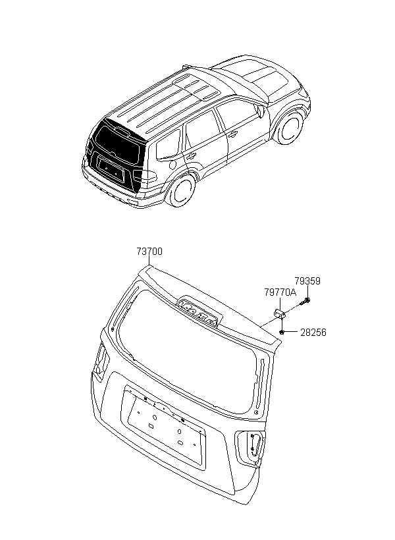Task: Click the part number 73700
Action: (149, 252)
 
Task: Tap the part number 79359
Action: (307, 281)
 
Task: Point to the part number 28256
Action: (313, 333)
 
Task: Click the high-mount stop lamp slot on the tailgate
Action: (199, 307)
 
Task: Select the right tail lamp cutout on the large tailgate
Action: (251, 447)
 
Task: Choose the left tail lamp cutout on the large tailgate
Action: (101, 360)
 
